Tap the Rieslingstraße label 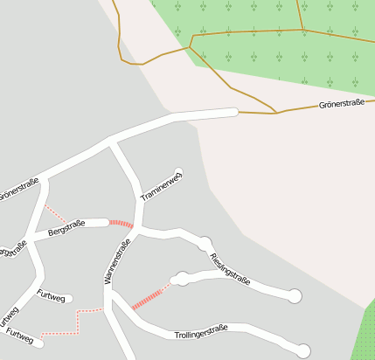click(231, 268)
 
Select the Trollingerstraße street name click(201, 330)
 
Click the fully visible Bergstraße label click(66, 229)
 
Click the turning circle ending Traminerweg click(179, 172)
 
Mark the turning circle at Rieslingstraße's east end click(295, 296)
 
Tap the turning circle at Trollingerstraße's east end click(302, 350)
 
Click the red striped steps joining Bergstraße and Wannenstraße click(122, 225)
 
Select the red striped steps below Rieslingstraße click(149, 295)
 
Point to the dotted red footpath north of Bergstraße click(55, 213)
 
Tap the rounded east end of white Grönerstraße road click(233, 111)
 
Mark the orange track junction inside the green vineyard click(303, 31)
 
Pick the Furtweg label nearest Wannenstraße click(52, 297)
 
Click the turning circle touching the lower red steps click(182, 280)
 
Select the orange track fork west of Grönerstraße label click(276, 113)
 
